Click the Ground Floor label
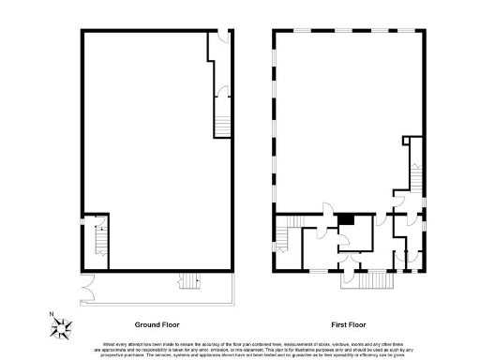[x=157, y=321]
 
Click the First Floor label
[x=348, y=321]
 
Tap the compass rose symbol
[x=64, y=328]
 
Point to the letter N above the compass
[x=52, y=314]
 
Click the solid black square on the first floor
[x=346, y=218]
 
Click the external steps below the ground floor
[x=189, y=280]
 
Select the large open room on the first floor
[x=337, y=117]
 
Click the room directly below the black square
[x=355, y=238]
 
